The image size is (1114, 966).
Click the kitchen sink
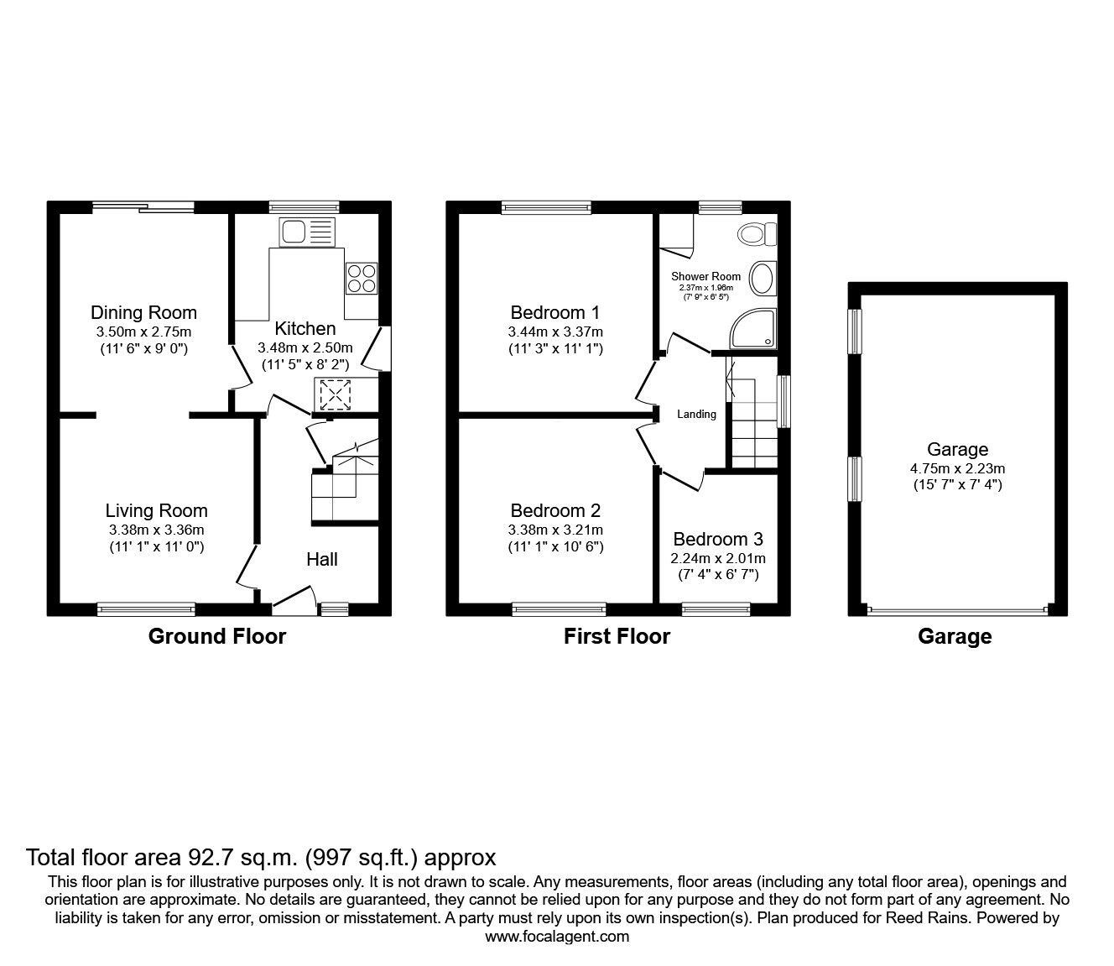pos(307,232)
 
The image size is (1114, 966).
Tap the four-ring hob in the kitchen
pos(362,279)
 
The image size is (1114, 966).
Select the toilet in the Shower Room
pos(757,235)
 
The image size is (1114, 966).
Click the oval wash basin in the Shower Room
pos(763,279)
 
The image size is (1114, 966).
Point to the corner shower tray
pos(754,328)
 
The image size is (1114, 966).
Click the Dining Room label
pos(143,312)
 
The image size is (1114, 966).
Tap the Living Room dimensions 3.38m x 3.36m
pos(156,530)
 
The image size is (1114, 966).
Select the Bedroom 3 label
pos(718,539)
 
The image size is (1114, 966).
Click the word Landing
pos(696,414)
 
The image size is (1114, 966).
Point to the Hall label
pos(322,559)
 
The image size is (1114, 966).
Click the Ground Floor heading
pos(217,636)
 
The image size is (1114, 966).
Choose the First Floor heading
pos(617,636)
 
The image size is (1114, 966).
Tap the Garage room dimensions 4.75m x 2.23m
pos(958,468)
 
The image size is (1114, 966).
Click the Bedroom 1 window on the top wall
pos(546,207)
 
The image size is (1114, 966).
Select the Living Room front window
pos(146,609)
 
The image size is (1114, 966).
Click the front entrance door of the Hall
pos(294,601)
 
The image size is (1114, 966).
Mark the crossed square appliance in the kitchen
pos(336,394)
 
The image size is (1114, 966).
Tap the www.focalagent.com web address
pos(557,936)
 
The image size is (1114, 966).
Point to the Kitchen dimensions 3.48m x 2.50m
pos(305,347)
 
